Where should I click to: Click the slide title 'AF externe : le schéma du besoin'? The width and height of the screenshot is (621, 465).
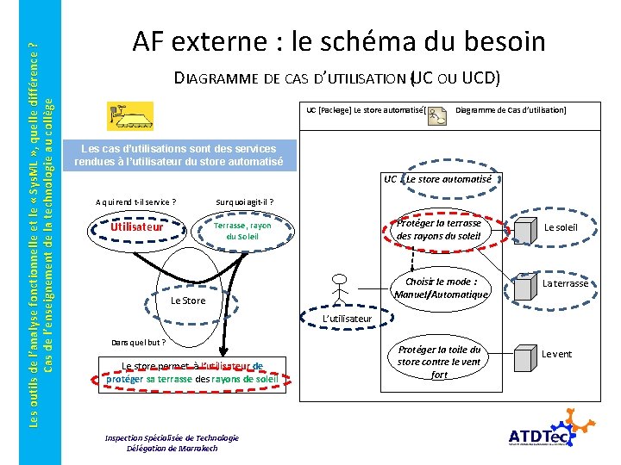(x=338, y=40)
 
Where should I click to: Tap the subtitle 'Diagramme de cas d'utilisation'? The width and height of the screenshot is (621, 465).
(x=337, y=78)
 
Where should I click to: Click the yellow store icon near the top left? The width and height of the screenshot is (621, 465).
(x=129, y=115)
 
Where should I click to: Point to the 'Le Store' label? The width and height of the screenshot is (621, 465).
(x=188, y=301)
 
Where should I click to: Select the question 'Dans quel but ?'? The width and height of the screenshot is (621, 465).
(x=135, y=342)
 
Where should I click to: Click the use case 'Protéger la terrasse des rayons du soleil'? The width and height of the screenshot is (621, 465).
(x=439, y=230)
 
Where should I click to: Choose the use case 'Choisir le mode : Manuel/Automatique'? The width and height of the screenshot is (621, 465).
(x=440, y=288)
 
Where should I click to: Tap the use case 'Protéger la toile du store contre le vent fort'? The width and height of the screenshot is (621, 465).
(x=439, y=362)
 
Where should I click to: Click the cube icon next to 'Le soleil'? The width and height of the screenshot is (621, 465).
(x=524, y=226)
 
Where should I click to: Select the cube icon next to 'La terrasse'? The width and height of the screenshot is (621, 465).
(x=524, y=282)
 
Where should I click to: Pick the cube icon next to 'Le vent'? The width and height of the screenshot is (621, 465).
(x=524, y=354)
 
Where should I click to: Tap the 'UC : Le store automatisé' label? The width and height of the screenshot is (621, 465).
(x=438, y=179)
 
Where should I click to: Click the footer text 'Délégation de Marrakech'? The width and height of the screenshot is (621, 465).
(x=172, y=448)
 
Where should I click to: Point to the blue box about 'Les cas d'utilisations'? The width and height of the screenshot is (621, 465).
(x=187, y=155)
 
